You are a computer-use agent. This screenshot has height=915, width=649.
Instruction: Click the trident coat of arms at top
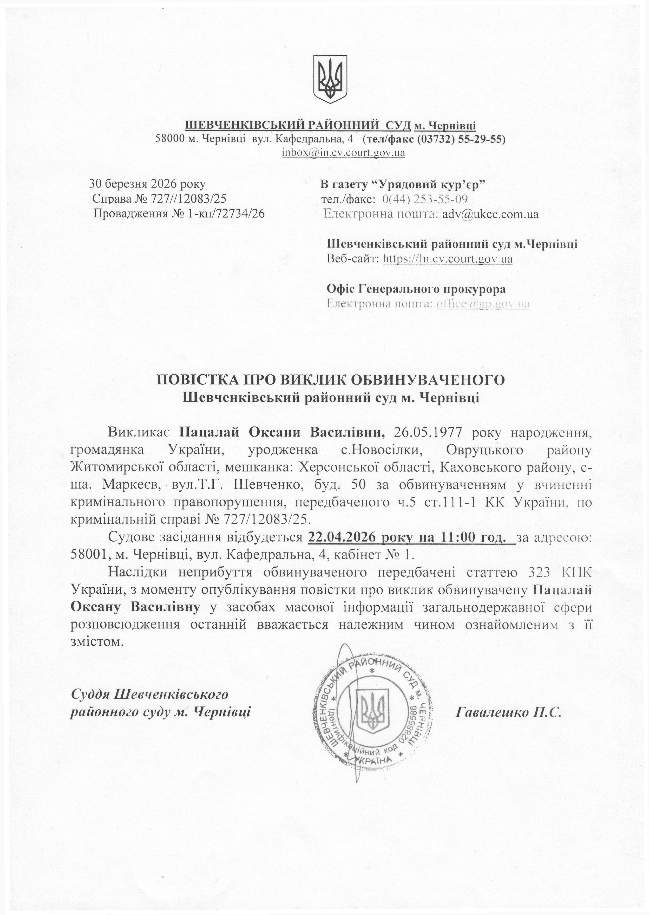click(x=330, y=79)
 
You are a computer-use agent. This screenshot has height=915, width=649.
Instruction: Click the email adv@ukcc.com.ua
click(x=490, y=214)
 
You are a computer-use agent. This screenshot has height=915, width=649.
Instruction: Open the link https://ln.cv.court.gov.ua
click(x=448, y=259)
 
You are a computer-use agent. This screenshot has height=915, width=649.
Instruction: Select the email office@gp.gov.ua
click(x=483, y=304)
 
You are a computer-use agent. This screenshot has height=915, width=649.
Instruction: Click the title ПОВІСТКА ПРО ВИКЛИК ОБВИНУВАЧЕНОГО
click(x=331, y=380)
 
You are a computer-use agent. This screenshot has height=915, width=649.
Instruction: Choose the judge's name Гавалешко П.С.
click(x=509, y=711)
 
